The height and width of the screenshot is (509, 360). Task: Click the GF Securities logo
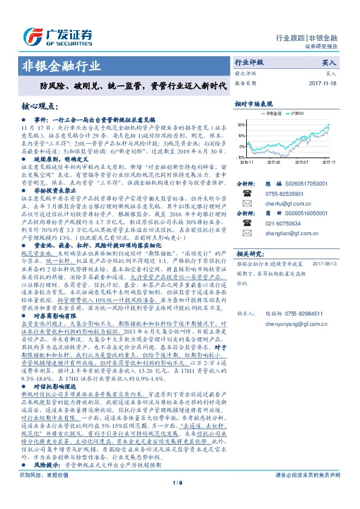pos(57,35)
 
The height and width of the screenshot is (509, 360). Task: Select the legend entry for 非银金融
pos(272,114)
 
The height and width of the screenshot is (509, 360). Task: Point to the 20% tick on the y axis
pos(241,125)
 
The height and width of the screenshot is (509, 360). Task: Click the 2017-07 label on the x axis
pos(301,162)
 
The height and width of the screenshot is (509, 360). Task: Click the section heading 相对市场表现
pos(254,104)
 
